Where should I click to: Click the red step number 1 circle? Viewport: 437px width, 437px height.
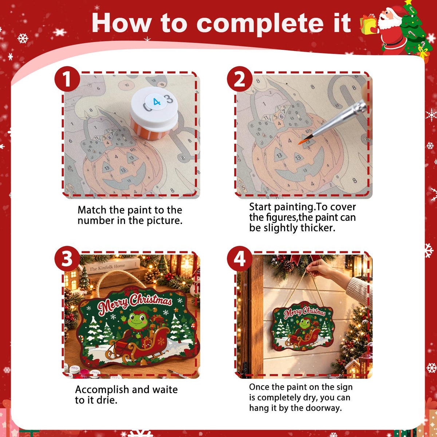click(67, 79)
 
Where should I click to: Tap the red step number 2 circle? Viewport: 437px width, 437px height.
click(240, 79)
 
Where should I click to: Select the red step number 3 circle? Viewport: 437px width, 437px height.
click(67, 259)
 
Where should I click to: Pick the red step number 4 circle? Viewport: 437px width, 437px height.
click(240, 259)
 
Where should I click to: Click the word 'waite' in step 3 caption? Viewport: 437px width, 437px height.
click(165, 389)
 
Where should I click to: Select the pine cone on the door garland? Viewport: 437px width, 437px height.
click(288, 266)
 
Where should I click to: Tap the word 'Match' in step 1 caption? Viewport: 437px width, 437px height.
click(92, 210)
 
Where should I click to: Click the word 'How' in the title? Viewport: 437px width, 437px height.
click(122, 24)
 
